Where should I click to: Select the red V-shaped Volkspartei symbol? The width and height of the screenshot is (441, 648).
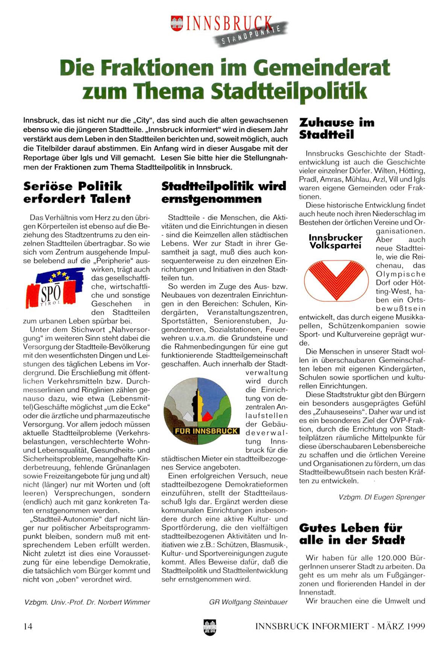[335, 280]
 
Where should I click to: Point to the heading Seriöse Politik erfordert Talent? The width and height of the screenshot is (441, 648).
[77, 192]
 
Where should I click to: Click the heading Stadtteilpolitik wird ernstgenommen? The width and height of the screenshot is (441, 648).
[224, 192]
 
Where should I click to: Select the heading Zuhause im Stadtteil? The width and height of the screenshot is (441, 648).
[337, 128]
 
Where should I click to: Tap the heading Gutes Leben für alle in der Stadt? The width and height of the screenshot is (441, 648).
[352, 534]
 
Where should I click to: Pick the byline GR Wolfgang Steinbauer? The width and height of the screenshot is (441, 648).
[248, 602]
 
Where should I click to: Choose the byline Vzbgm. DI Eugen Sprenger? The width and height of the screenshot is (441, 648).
[382, 497]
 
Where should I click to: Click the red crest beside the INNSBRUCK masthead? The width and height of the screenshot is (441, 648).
[177, 23]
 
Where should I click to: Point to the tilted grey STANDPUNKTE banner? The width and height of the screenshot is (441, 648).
[251, 35]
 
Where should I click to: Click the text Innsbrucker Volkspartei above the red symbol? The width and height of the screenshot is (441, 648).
[335, 241]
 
